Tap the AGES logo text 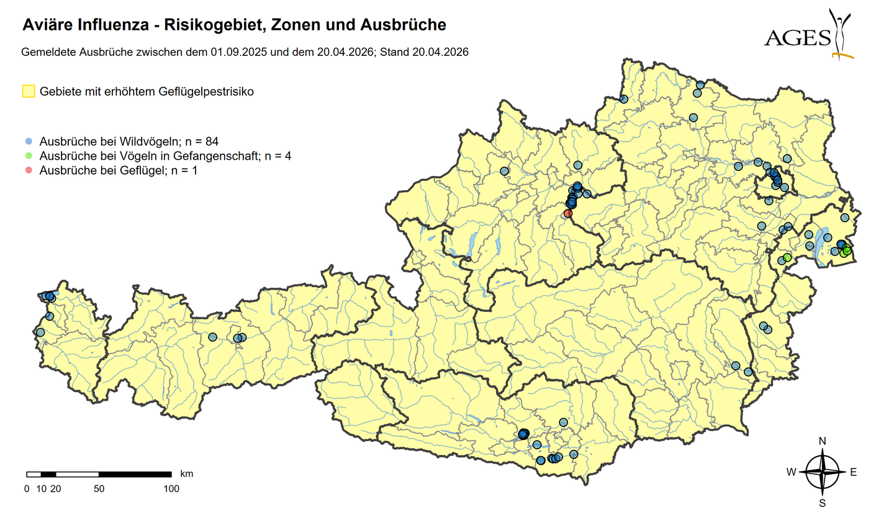[798, 38]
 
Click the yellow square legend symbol [28, 91]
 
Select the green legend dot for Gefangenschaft [29, 155]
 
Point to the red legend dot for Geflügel [29, 170]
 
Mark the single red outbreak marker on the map [567, 213]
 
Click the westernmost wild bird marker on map [40, 332]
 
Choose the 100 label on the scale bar [171, 489]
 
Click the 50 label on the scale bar [99, 489]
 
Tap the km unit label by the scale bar [186, 474]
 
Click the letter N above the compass [823, 441]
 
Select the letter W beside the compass [791, 472]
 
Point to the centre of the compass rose [823, 472]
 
